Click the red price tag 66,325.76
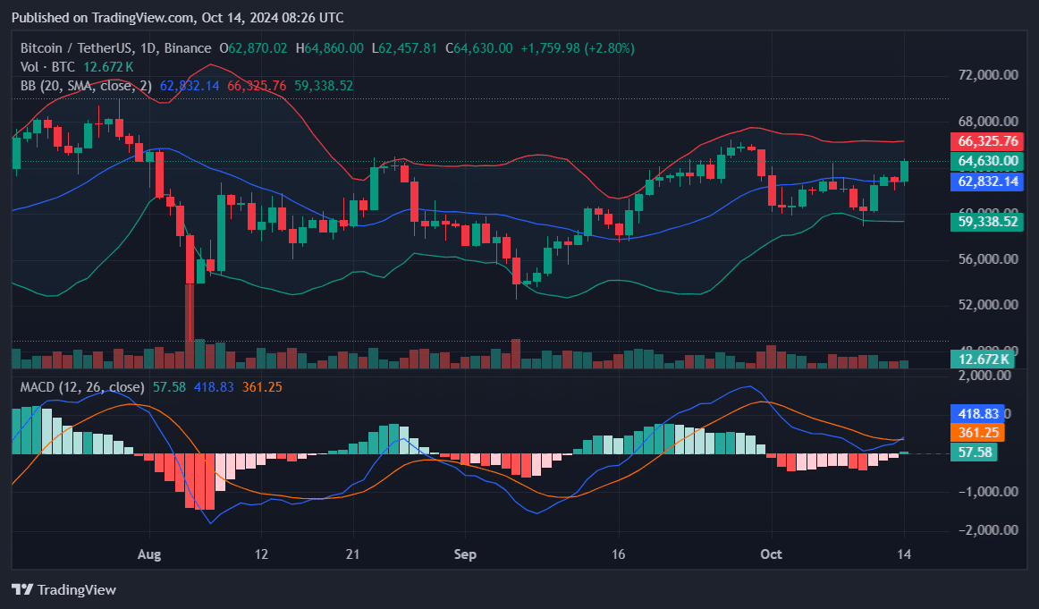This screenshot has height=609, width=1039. pos(988,141)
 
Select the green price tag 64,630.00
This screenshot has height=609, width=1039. pos(988,161)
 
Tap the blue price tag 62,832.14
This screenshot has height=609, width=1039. pos(988,182)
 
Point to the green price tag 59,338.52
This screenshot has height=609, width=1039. pos(988,222)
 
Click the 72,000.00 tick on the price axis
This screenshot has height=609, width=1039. pos(988,76)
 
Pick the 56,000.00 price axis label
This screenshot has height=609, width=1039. pos(988,259)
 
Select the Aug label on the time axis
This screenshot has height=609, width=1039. pos(149,554)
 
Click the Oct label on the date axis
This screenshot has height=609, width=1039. pos(771,554)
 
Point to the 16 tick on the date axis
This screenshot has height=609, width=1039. pos(618,554)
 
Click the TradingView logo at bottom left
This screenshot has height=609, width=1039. pos(63,590)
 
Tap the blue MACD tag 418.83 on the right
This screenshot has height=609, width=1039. pos(976,414)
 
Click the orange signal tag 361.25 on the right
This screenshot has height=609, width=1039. pos(976,433)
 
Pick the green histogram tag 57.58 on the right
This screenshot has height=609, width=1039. pos(973,453)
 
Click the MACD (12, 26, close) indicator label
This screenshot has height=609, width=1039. pos(82,386)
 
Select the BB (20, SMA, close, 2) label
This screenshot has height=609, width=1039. pos(87,86)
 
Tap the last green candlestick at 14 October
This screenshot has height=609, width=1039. pos(905,172)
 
